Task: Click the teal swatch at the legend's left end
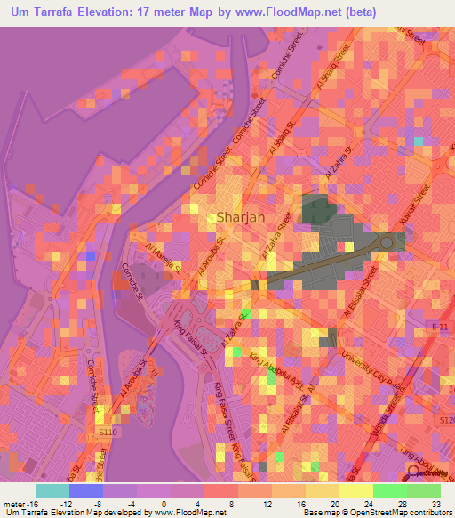(52, 490)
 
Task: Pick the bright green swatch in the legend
(390, 490)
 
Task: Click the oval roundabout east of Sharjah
(387, 242)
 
